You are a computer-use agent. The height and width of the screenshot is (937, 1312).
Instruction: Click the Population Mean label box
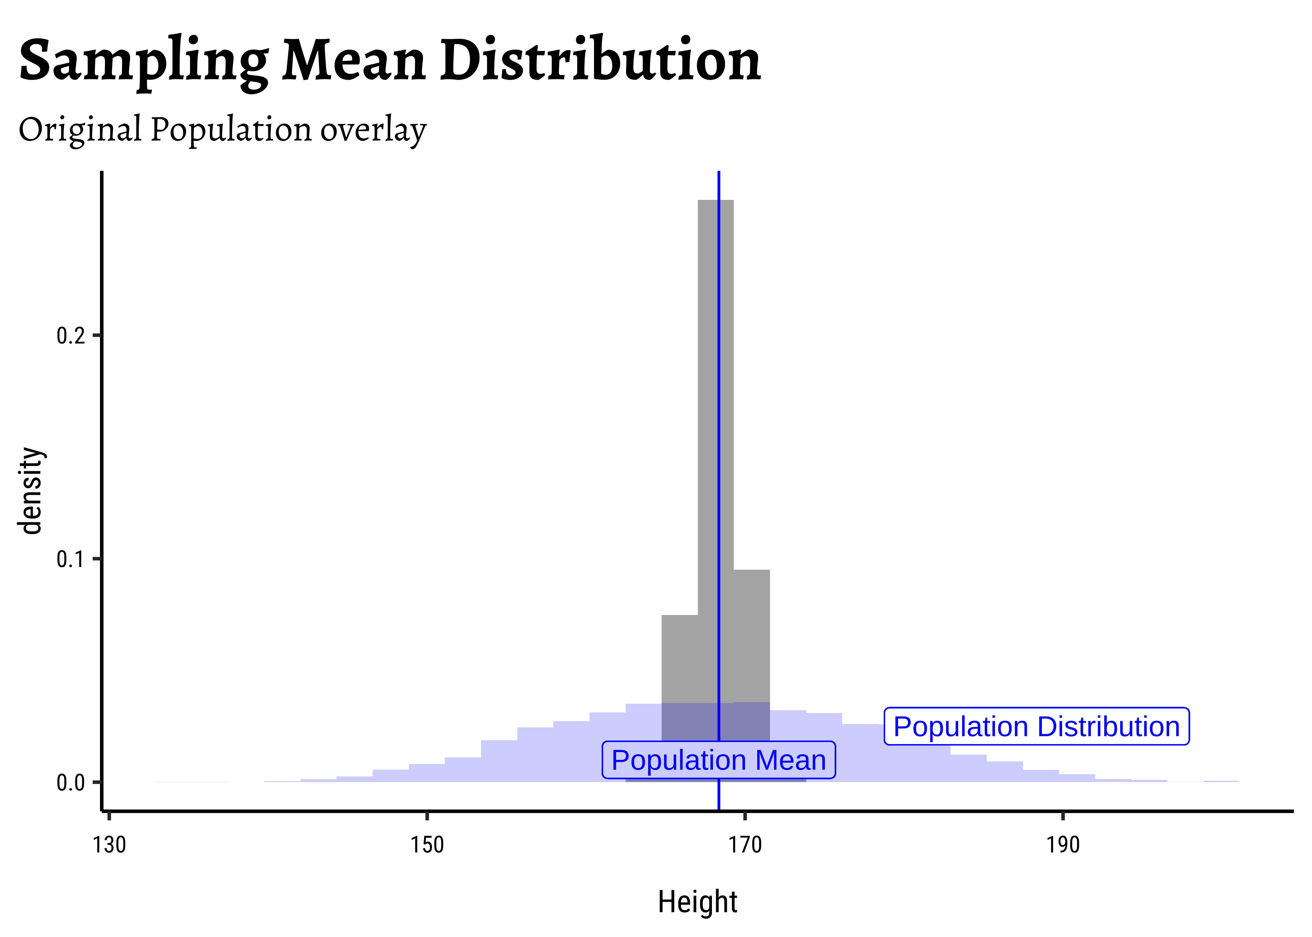718,760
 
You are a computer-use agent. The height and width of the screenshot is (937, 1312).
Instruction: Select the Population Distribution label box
1036,726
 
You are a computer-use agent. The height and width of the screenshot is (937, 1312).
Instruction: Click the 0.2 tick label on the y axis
70,335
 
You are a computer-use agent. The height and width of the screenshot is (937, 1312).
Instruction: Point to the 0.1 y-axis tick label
70,559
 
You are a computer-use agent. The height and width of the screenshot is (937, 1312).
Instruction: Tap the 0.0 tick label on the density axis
70,783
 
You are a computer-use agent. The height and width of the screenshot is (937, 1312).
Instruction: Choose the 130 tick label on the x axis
109,845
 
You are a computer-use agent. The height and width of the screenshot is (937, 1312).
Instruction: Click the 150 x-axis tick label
427,845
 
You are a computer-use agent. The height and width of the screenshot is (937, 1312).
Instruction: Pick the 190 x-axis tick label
1063,845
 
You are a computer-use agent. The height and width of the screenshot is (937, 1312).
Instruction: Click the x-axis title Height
698,902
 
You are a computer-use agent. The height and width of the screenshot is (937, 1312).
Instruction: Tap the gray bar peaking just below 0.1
752,635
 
